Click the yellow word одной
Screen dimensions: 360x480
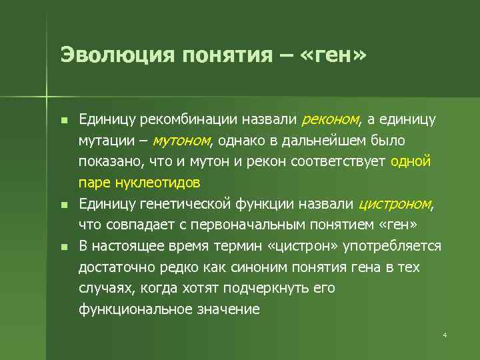(411, 161)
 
